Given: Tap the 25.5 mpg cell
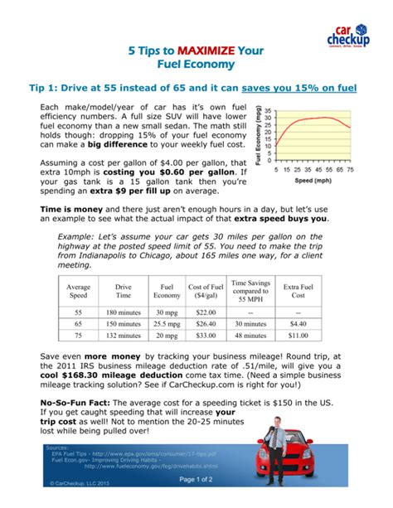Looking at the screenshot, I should tap(168, 323).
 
